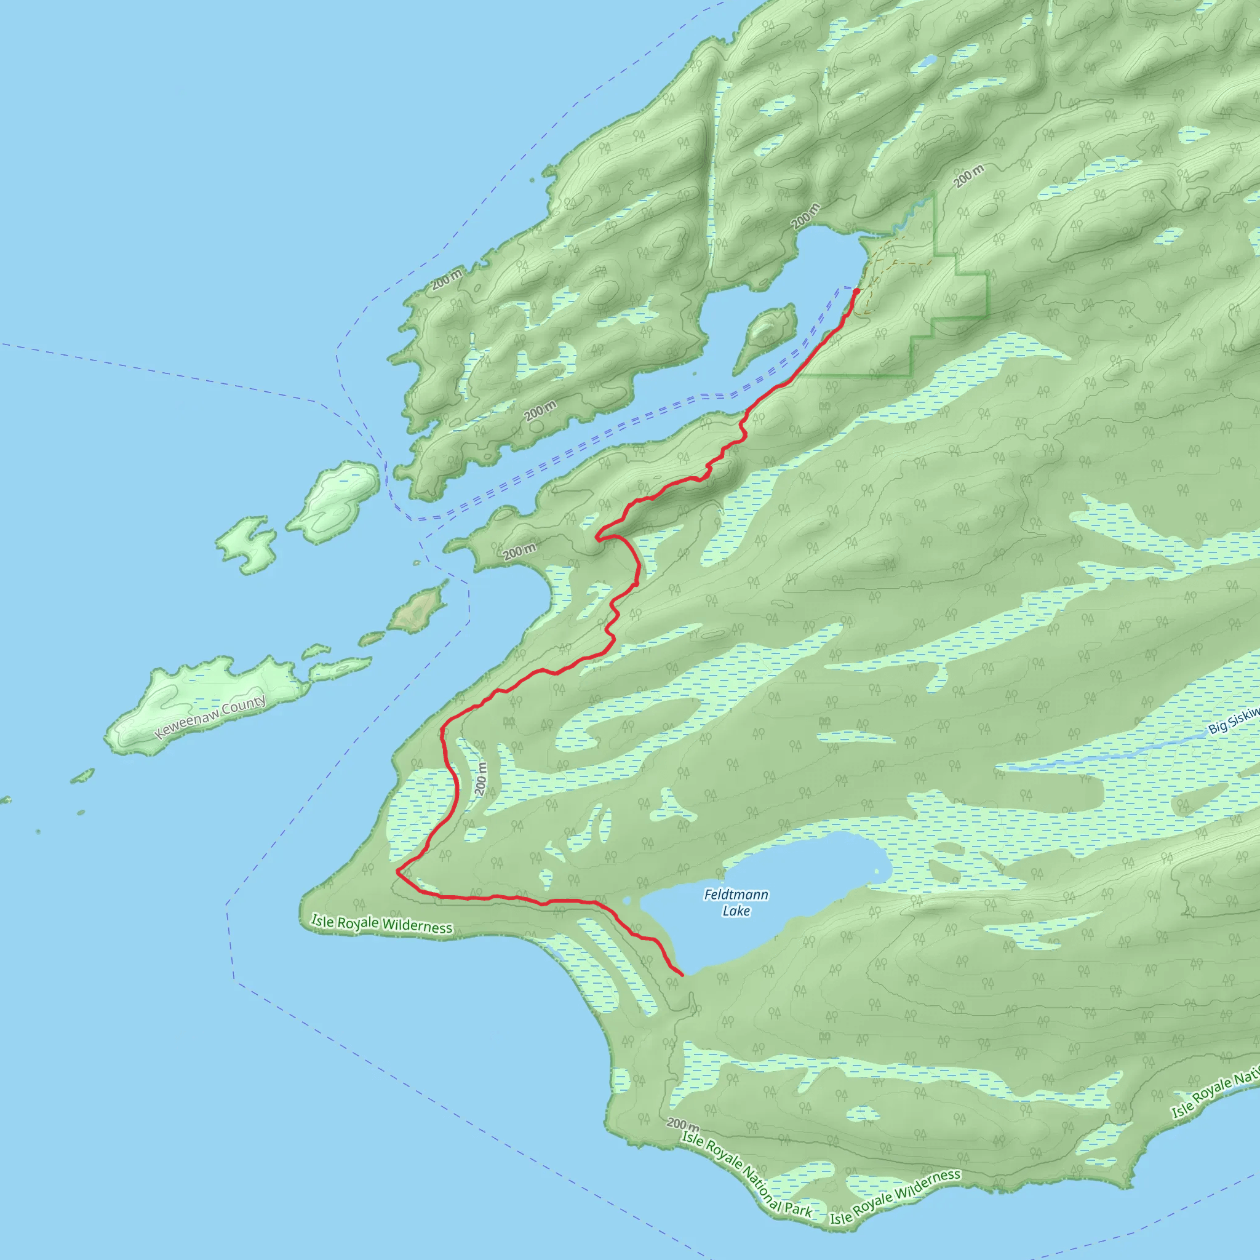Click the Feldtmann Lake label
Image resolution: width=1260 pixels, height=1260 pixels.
pos(736,903)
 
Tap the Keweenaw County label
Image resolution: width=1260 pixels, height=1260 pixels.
pos(210,717)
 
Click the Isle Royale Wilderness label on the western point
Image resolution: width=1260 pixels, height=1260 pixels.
pos(381,923)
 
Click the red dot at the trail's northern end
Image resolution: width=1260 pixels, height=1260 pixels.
pos(856,291)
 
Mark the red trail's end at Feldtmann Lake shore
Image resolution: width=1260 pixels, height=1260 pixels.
pos(682,975)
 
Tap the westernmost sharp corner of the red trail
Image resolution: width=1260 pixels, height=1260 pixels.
pos(398,871)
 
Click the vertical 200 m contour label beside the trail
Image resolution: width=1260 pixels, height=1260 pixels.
pos(481,778)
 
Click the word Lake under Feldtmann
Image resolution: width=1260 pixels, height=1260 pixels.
pos(736,911)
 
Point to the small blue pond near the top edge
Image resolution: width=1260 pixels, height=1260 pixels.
pos(926,63)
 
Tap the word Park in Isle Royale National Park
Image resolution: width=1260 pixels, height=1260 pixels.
pos(798,1210)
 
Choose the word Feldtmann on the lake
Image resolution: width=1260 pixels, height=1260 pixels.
pos(736,895)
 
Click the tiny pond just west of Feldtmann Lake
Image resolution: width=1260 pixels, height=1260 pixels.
pos(627,901)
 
